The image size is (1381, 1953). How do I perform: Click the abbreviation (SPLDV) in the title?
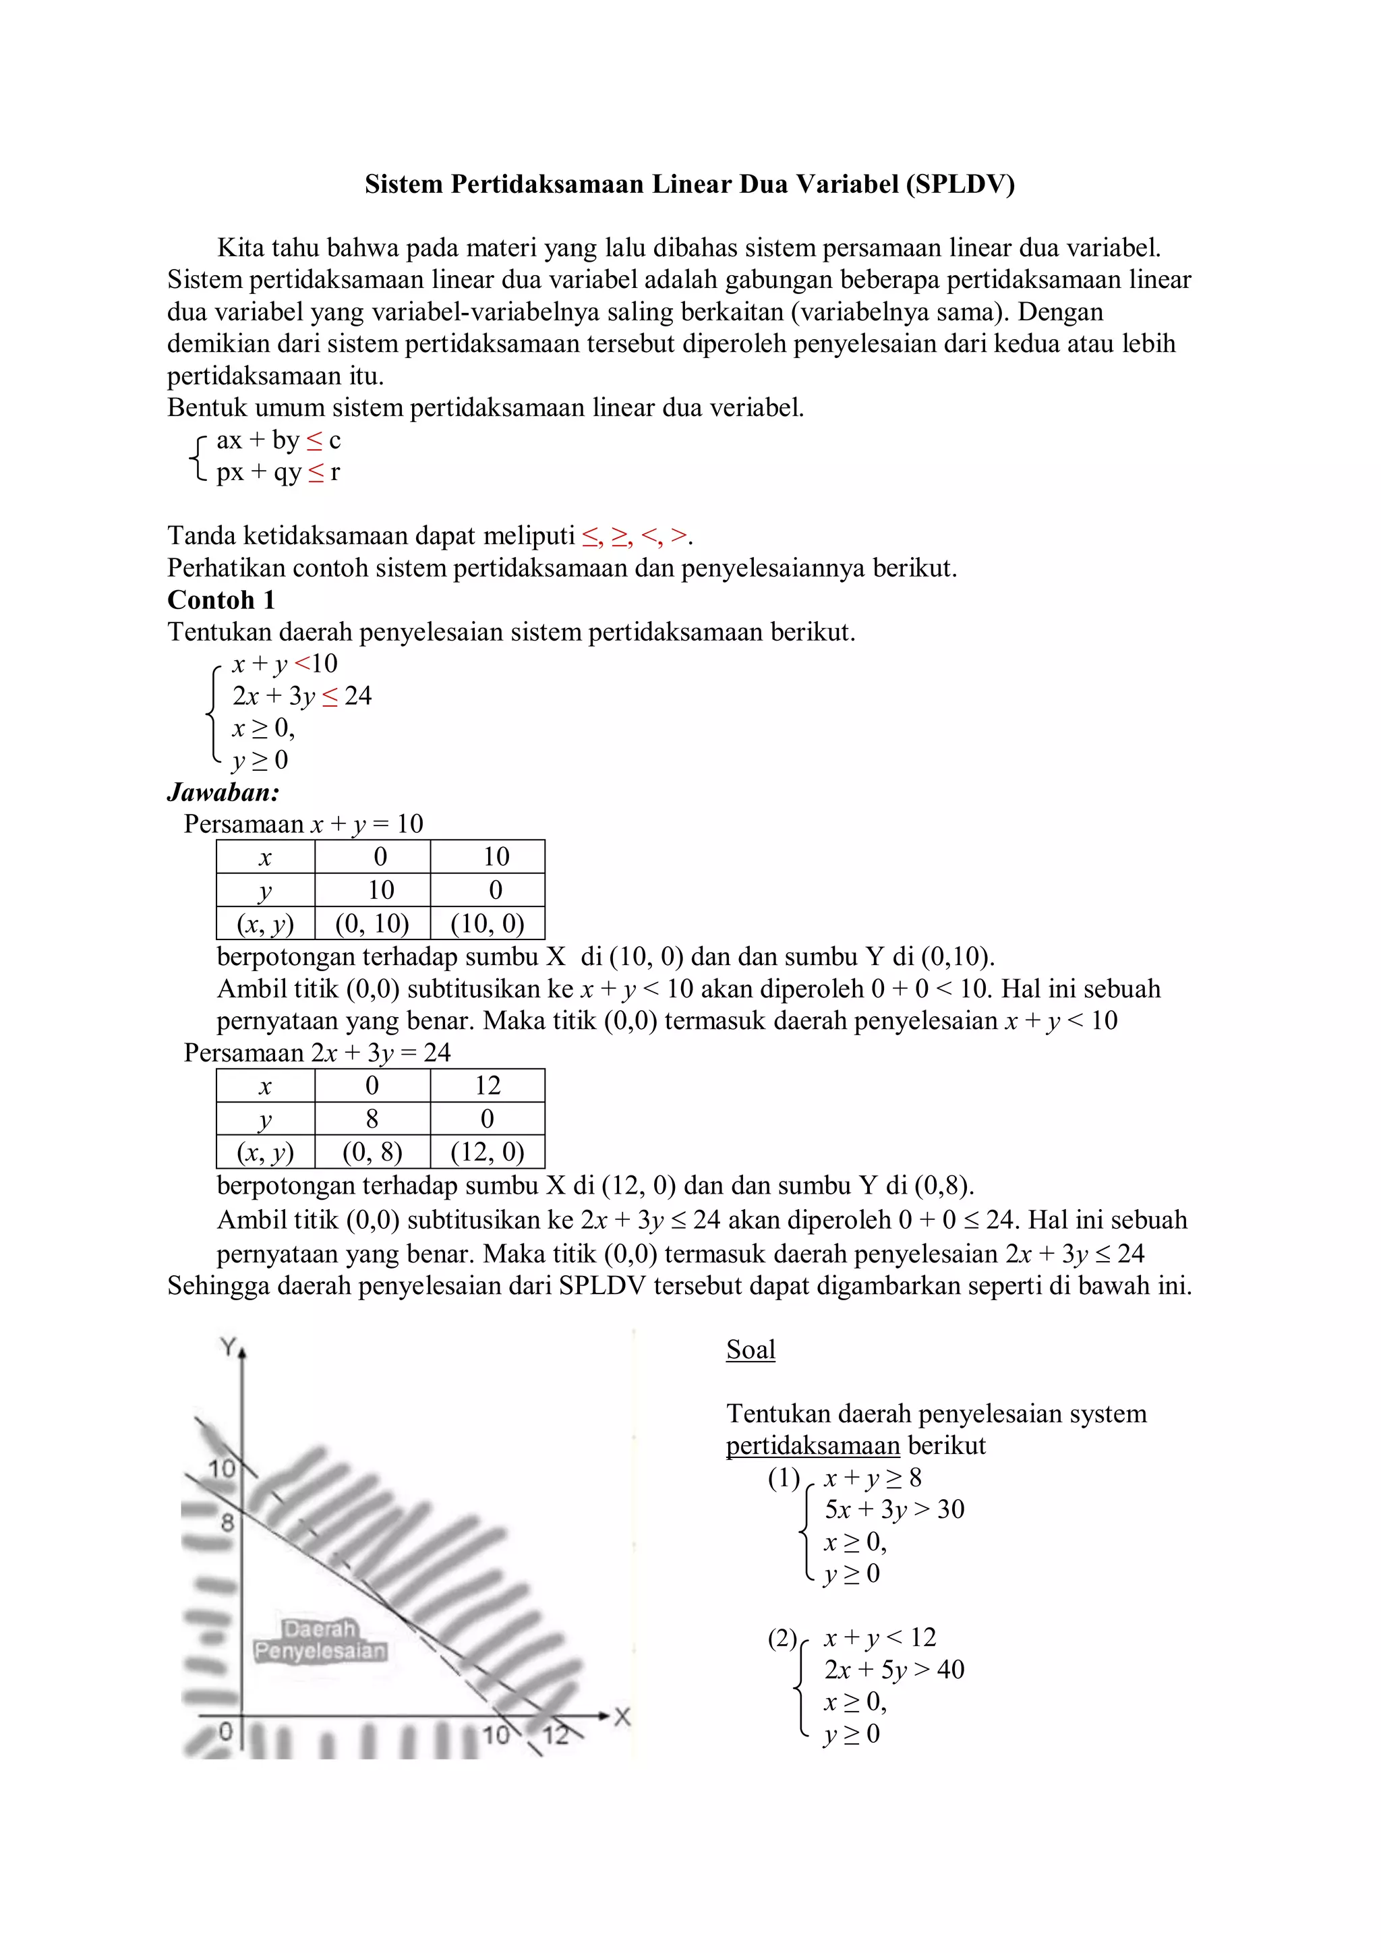click(960, 185)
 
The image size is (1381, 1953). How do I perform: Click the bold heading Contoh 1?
click(221, 600)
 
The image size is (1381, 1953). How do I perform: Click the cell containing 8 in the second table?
click(372, 1119)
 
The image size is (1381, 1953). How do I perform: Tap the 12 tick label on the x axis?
click(555, 1735)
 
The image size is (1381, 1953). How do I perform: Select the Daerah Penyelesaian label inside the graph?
click(320, 1640)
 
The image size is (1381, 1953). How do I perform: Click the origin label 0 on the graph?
click(225, 1731)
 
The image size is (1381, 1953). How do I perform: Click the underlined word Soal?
click(750, 1350)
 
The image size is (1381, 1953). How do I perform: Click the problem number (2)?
click(782, 1638)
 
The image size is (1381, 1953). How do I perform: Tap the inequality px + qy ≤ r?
click(278, 472)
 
